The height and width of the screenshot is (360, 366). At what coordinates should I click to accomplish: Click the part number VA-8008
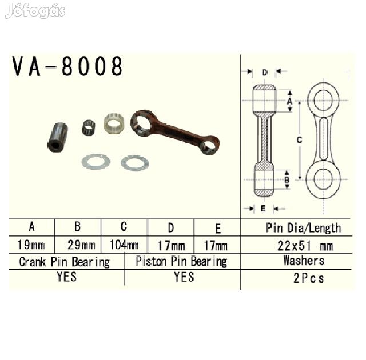coord(67,66)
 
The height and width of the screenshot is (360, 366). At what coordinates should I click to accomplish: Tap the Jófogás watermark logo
coord(35,10)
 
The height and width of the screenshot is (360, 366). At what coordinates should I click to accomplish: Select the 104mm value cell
coord(124,245)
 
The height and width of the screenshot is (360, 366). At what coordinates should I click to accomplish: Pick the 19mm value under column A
coord(31,245)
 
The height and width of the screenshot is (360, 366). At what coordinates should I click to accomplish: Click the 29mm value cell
coord(81,245)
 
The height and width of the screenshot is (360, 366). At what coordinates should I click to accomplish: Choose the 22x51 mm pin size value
coord(305,246)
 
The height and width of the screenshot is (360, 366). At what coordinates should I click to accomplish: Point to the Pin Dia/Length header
coord(304,228)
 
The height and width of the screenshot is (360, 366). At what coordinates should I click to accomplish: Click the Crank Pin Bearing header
coord(65,262)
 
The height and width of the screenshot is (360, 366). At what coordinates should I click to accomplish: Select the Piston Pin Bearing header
coord(181,261)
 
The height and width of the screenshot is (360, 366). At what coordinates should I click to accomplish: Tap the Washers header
coord(304,261)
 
